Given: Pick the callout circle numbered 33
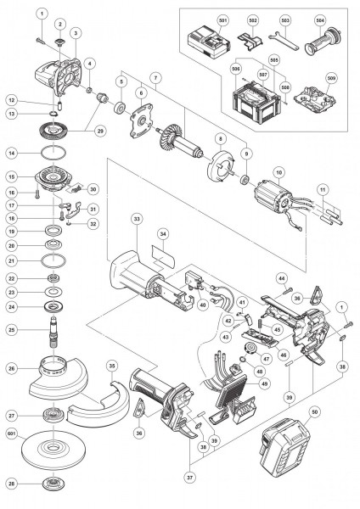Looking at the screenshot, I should (136, 219).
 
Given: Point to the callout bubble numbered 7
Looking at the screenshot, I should (154, 78).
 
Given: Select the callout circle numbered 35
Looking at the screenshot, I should (112, 366).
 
